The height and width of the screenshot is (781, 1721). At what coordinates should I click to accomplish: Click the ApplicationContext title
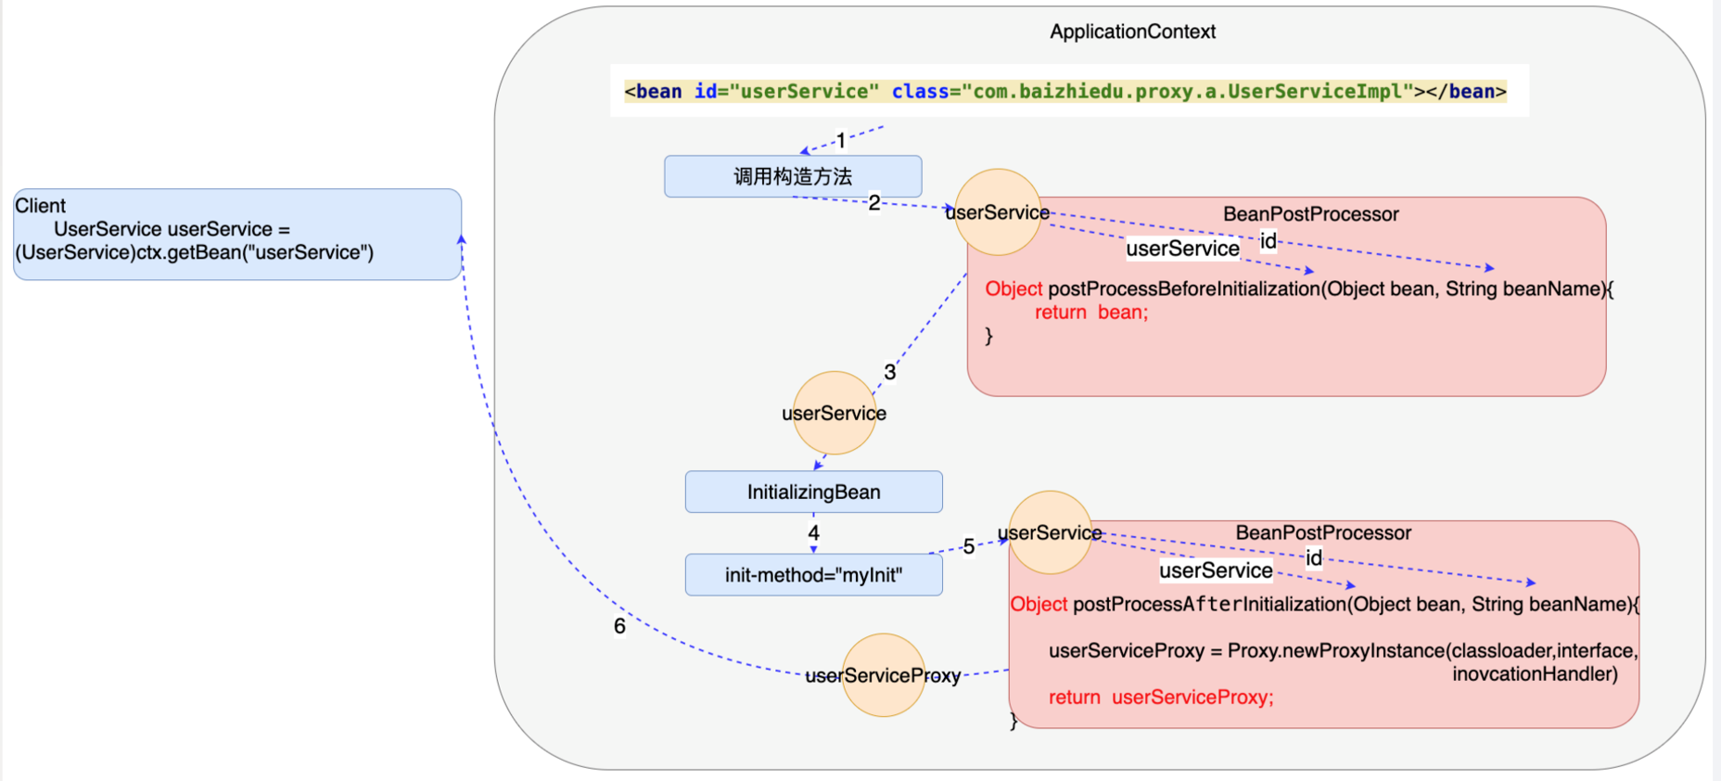pos(1132,32)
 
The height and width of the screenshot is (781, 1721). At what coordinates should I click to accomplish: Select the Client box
pos(236,234)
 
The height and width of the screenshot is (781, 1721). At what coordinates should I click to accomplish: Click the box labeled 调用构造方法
pos(793,176)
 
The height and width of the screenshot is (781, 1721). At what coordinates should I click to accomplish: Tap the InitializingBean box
pos(813,492)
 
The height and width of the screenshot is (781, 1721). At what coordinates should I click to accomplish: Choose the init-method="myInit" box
pos(813,575)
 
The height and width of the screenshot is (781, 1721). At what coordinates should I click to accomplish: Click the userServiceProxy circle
pos(883,675)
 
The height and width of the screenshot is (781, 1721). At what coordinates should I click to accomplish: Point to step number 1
pos(841,141)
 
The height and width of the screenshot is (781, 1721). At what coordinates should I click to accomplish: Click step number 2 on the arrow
pos(874,202)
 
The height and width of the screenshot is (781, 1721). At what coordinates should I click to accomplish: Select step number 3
pos(890,372)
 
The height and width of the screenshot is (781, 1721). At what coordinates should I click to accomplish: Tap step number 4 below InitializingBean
pos(813,533)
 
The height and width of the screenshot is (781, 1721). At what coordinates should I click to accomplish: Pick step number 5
pos(969,546)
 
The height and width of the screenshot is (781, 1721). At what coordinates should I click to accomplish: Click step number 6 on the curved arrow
pos(619,626)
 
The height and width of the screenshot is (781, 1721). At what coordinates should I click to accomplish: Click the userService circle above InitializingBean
pos(834,413)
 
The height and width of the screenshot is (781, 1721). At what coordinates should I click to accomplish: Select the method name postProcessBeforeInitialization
pos(1183,288)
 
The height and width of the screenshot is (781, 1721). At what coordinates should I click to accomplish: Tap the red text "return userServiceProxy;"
pos(1161,698)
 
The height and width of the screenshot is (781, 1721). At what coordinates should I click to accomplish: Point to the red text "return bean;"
pos(1091,313)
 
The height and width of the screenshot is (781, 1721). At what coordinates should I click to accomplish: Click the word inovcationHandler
pos(1535,674)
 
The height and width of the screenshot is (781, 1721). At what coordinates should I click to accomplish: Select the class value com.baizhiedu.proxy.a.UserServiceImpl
pos(1187,91)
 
